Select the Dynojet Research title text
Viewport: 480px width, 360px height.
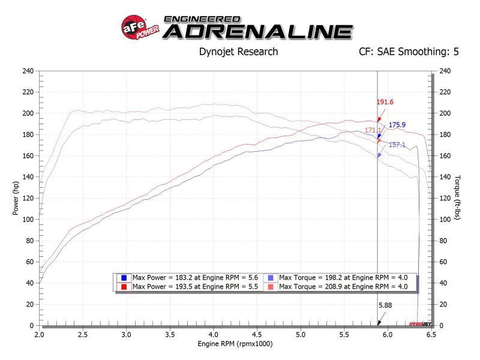click(238, 52)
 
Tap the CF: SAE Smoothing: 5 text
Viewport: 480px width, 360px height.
click(407, 52)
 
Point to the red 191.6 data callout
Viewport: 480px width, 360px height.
click(385, 102)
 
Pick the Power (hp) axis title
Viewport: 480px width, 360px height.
click(16, 199)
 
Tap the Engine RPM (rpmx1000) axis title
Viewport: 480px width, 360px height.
click(235, 344)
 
